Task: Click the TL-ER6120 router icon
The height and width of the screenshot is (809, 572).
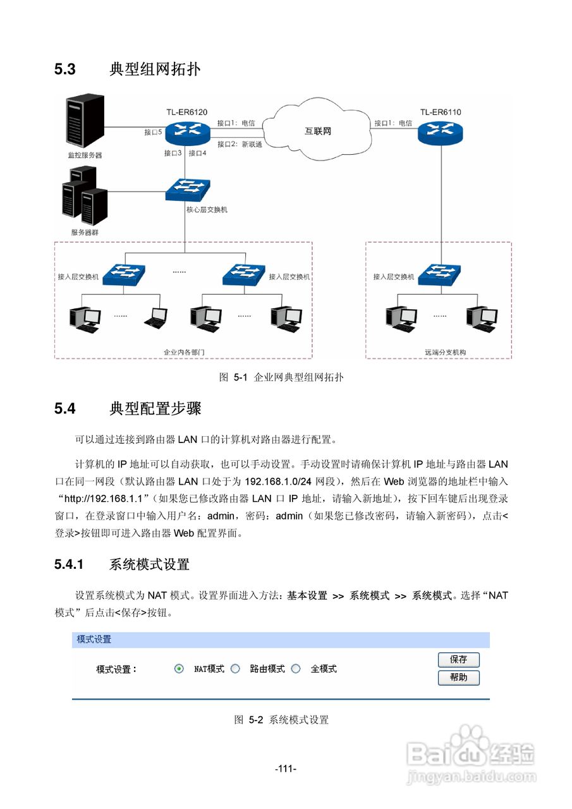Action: (188, 133)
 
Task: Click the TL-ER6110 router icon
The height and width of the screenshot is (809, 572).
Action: (440, 132)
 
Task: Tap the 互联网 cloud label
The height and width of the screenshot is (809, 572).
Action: (317, 131)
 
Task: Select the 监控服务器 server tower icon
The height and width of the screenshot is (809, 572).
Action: (85, 121)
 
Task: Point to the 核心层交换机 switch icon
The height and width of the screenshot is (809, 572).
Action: (188, 190)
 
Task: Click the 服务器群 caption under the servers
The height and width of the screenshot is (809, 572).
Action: (85, 232)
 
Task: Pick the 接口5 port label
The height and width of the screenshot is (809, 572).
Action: (153, 132)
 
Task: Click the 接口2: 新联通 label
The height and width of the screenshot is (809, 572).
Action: (240, 144)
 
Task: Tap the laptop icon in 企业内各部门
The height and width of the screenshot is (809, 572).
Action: (156, 318)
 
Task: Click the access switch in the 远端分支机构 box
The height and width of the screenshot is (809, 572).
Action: (439, 275)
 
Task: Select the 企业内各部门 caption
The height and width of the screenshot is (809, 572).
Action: (184, 352)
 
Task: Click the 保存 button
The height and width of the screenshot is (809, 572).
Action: (458, 659)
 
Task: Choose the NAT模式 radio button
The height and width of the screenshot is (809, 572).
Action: (179, 669)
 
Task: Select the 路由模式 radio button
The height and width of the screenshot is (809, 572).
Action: (235, 669)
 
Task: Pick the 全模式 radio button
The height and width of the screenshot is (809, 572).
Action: (296, 669)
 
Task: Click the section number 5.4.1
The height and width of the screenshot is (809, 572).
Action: (69, 564)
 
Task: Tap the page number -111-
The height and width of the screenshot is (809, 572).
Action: (286, 769)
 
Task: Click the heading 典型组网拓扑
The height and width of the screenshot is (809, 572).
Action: (155, 69)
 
